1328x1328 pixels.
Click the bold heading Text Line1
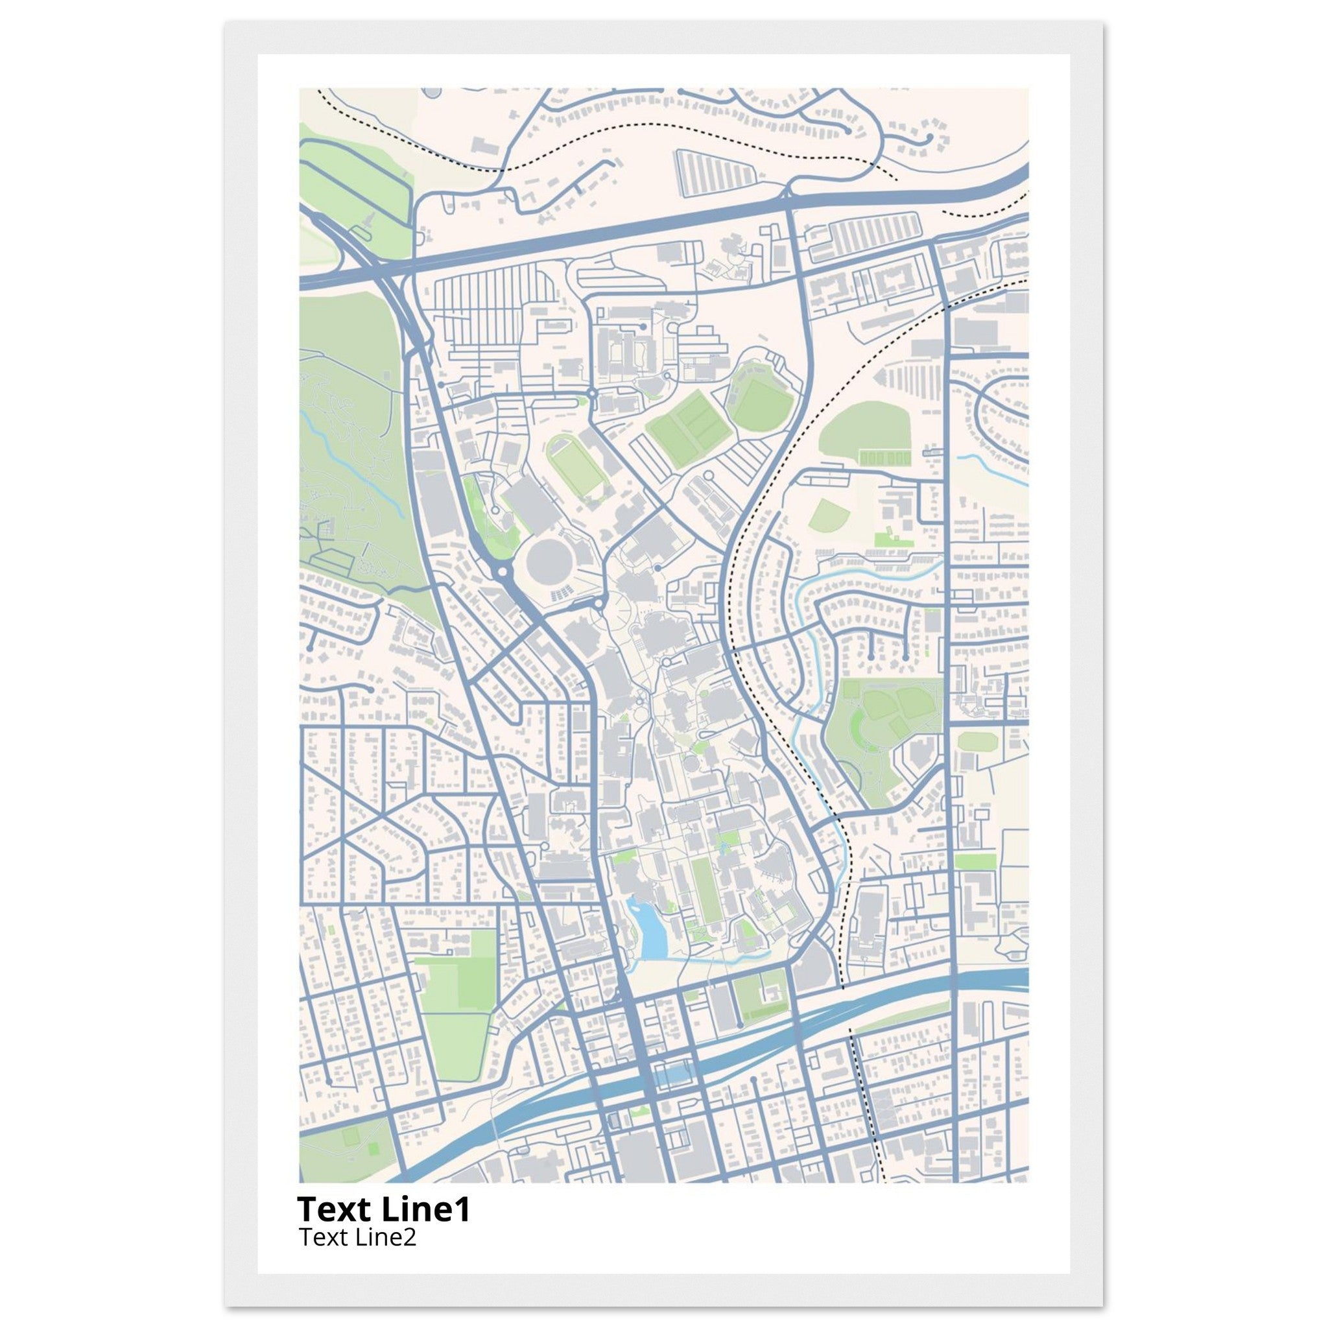coord(384,1211)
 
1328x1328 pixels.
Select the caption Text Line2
coord(357,1237)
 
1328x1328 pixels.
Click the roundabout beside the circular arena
coord(503,571)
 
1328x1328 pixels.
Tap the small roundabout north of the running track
coord(592,394)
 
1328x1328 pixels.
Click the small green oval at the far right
coord(977,741)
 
